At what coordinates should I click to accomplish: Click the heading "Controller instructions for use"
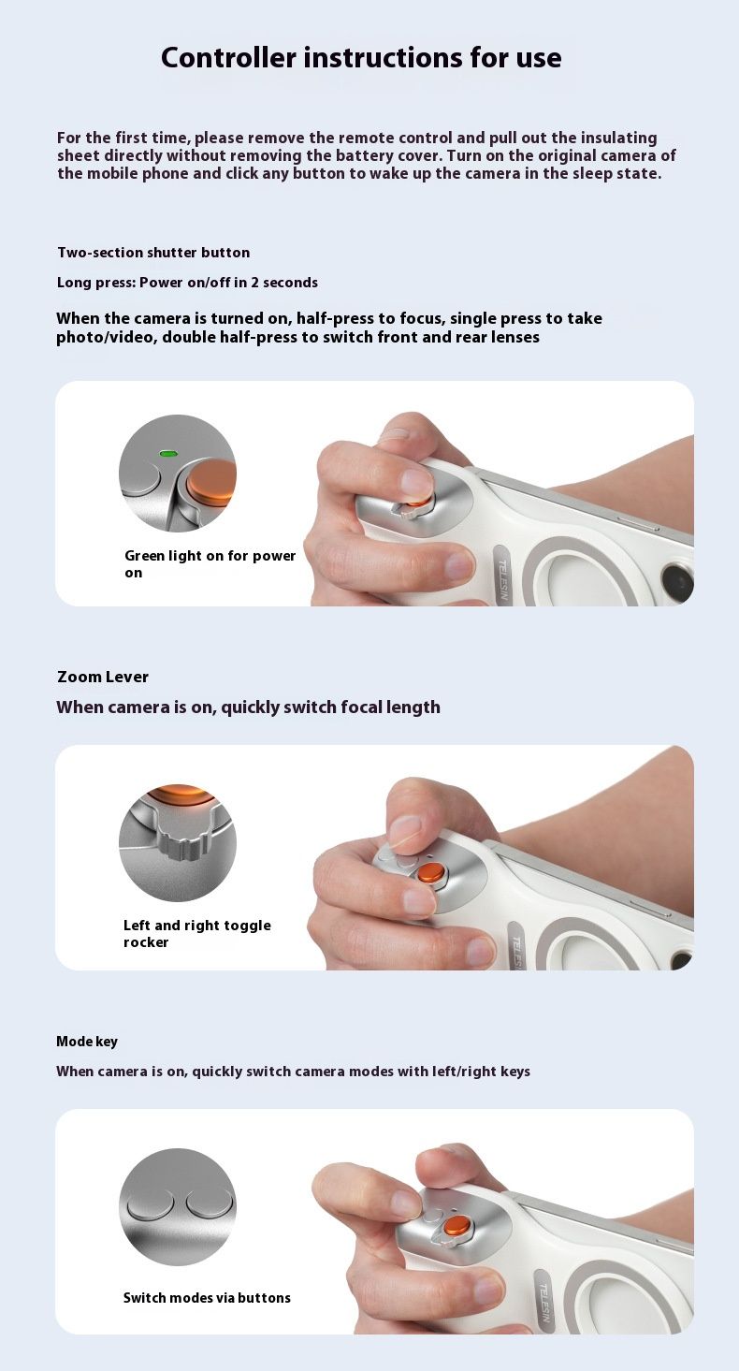(x=361, y=57)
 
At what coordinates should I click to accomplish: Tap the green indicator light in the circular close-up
(x=167, y=454)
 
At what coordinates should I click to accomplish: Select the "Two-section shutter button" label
(x=153, y=252)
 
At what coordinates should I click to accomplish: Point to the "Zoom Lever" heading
(x=103, y=677)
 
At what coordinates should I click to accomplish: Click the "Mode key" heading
(x=87, y=1041)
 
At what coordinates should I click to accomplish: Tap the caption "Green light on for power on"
(x=210, y=563)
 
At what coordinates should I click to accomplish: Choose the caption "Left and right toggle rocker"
(x=197, y=933)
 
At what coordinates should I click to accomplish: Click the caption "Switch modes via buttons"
(x=207, y=1298)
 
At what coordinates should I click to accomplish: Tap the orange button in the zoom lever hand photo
(x=432, y=872)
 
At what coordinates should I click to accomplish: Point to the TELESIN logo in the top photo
(x=502, y=577)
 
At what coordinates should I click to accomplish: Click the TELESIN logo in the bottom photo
(x=543, y=1301)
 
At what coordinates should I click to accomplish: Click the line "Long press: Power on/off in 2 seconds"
(x=187, y=283)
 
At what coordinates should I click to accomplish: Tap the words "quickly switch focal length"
(x=331, y=707)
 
